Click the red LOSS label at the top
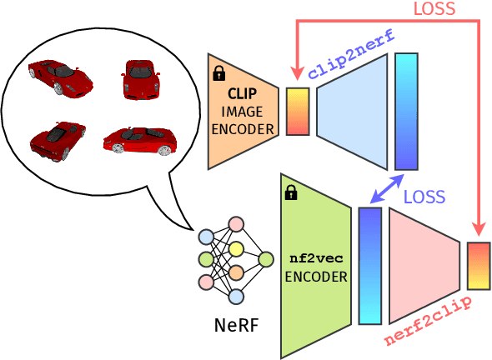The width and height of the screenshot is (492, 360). [x=434, y=9]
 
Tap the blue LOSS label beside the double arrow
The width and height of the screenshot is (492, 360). [x=424, y=197]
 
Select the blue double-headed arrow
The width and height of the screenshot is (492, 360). [x=387, y=188]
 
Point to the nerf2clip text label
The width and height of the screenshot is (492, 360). [x=427, y=321]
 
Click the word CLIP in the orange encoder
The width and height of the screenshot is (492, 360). [x=242, y=93]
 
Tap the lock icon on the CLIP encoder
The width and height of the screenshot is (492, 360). [x=219, y=73]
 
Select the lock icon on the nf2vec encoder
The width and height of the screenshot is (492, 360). [x=291, y=193]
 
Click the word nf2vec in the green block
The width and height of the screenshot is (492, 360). [x=315, y=259]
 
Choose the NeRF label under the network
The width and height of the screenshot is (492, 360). [x=236, y=325]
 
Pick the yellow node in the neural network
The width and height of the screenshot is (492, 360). [x=236, y=248]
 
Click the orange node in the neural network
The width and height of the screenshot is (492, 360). [x=236, y=272]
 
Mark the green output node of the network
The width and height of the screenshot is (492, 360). [x=265, y=259]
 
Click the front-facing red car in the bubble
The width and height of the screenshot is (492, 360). [x=140, y=80]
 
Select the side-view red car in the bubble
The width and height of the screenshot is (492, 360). [x=139, y=140]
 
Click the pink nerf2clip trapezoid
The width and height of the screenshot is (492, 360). [x=423, y=265]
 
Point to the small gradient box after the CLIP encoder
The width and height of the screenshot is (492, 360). [x=298, y=112]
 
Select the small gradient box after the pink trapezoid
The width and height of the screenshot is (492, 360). [x=478, y=266]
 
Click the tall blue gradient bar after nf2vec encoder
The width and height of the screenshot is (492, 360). [x=369, y=265]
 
